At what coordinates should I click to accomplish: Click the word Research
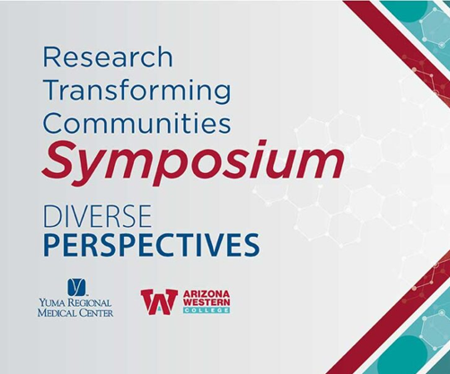pos(108,57)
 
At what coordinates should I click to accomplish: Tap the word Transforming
pos(137,92)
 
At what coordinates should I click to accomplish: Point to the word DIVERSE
pos(98,216)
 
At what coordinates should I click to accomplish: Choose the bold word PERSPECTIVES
pos(151,245)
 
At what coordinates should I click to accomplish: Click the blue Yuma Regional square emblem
pos(76,285)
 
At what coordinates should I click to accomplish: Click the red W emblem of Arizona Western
pos(159,301)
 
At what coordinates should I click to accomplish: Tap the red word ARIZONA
pos(207,294)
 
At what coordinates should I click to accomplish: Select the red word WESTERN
pos(207,302)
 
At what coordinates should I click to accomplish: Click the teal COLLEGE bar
pos(207,310)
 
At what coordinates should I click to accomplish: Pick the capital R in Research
pos(52,57)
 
